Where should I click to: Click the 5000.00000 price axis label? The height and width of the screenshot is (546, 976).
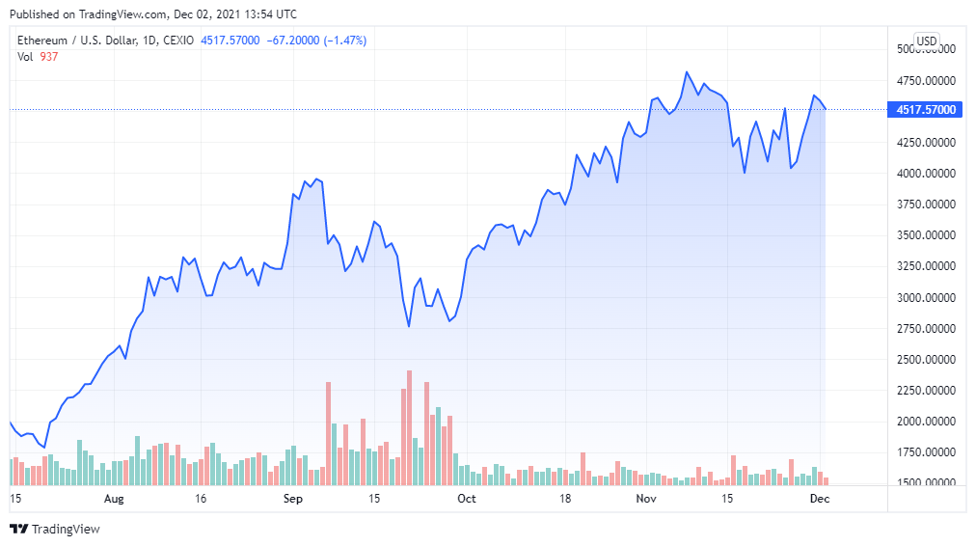click(925, 49)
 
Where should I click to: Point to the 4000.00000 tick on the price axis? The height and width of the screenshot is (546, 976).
click(925, 174)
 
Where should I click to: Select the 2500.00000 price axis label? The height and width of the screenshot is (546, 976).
click(925, 360)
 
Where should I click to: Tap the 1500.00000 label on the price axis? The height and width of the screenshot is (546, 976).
click(925, 483)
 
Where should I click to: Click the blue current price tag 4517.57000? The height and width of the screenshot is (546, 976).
click(926, 110)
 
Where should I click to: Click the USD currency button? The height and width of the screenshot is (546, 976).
click(926, 41)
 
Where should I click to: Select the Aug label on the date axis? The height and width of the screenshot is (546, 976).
click(114, 499)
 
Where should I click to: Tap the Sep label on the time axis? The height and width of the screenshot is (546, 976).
click(293, 499)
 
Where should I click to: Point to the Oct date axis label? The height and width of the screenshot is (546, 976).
click(467, 499)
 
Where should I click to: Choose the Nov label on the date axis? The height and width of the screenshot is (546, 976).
click(646, 499)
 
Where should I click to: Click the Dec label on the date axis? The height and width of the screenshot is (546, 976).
click(819, 499)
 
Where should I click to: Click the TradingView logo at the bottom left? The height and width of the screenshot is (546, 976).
click(55, 529)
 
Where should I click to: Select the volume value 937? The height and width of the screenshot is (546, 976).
click(48, 56)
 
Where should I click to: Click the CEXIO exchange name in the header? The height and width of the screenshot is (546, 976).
click(176, 41)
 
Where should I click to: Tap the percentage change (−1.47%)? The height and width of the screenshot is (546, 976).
click(340, 41)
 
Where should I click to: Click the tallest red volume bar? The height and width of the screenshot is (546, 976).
click(410, 427)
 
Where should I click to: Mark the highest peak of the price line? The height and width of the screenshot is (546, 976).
click(687, 72)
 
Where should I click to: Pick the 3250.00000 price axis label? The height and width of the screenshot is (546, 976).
click(925, 266)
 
